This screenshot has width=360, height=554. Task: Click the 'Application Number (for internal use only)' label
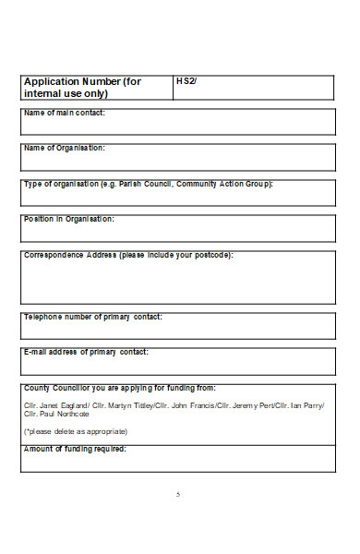82,87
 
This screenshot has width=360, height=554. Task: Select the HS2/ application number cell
186,81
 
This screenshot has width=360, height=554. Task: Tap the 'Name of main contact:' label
64,113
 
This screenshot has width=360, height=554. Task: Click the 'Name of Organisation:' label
64,148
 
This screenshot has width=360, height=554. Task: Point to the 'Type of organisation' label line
148,184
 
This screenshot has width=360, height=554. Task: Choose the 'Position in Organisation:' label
69,219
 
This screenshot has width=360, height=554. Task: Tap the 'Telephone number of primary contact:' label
92,317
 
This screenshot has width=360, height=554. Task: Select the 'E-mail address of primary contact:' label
86,352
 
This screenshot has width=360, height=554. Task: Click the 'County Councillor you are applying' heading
120,388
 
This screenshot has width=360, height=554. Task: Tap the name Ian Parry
308,406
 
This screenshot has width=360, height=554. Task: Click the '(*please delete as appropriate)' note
76,431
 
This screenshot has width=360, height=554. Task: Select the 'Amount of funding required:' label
74,449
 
